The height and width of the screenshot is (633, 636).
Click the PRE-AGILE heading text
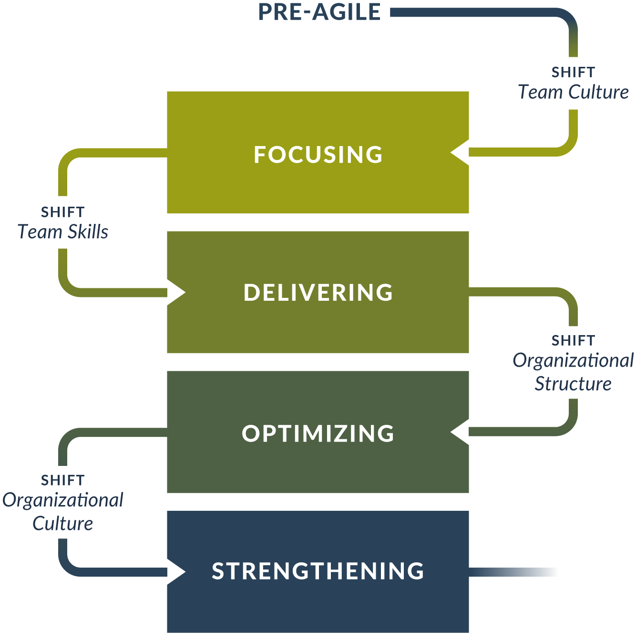pos(319,12)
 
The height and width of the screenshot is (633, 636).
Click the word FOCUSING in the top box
pos(318,155)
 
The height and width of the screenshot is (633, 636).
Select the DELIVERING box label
pos(318,293)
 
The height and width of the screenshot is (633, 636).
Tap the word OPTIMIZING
pos(318,433)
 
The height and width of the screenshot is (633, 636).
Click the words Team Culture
pos(573,92)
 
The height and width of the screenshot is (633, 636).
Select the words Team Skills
pos(63,232)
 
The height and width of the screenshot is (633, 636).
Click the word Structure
pos(573,384)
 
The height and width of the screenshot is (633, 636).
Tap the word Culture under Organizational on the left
pos(63,524)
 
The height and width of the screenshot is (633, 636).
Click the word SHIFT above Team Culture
pos(573,73)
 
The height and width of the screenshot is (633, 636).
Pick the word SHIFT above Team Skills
pos(63,212)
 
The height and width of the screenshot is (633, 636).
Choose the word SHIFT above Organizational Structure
pos(573,341)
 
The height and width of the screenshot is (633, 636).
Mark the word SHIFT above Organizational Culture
pos(63,480)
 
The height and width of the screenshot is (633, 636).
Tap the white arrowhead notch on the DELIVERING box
pos(176,292)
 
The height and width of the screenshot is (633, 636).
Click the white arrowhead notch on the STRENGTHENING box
pos(176,571)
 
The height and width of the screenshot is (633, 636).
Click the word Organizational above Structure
pos(573,360)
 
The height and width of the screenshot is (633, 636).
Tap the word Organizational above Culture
pos(63,500)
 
